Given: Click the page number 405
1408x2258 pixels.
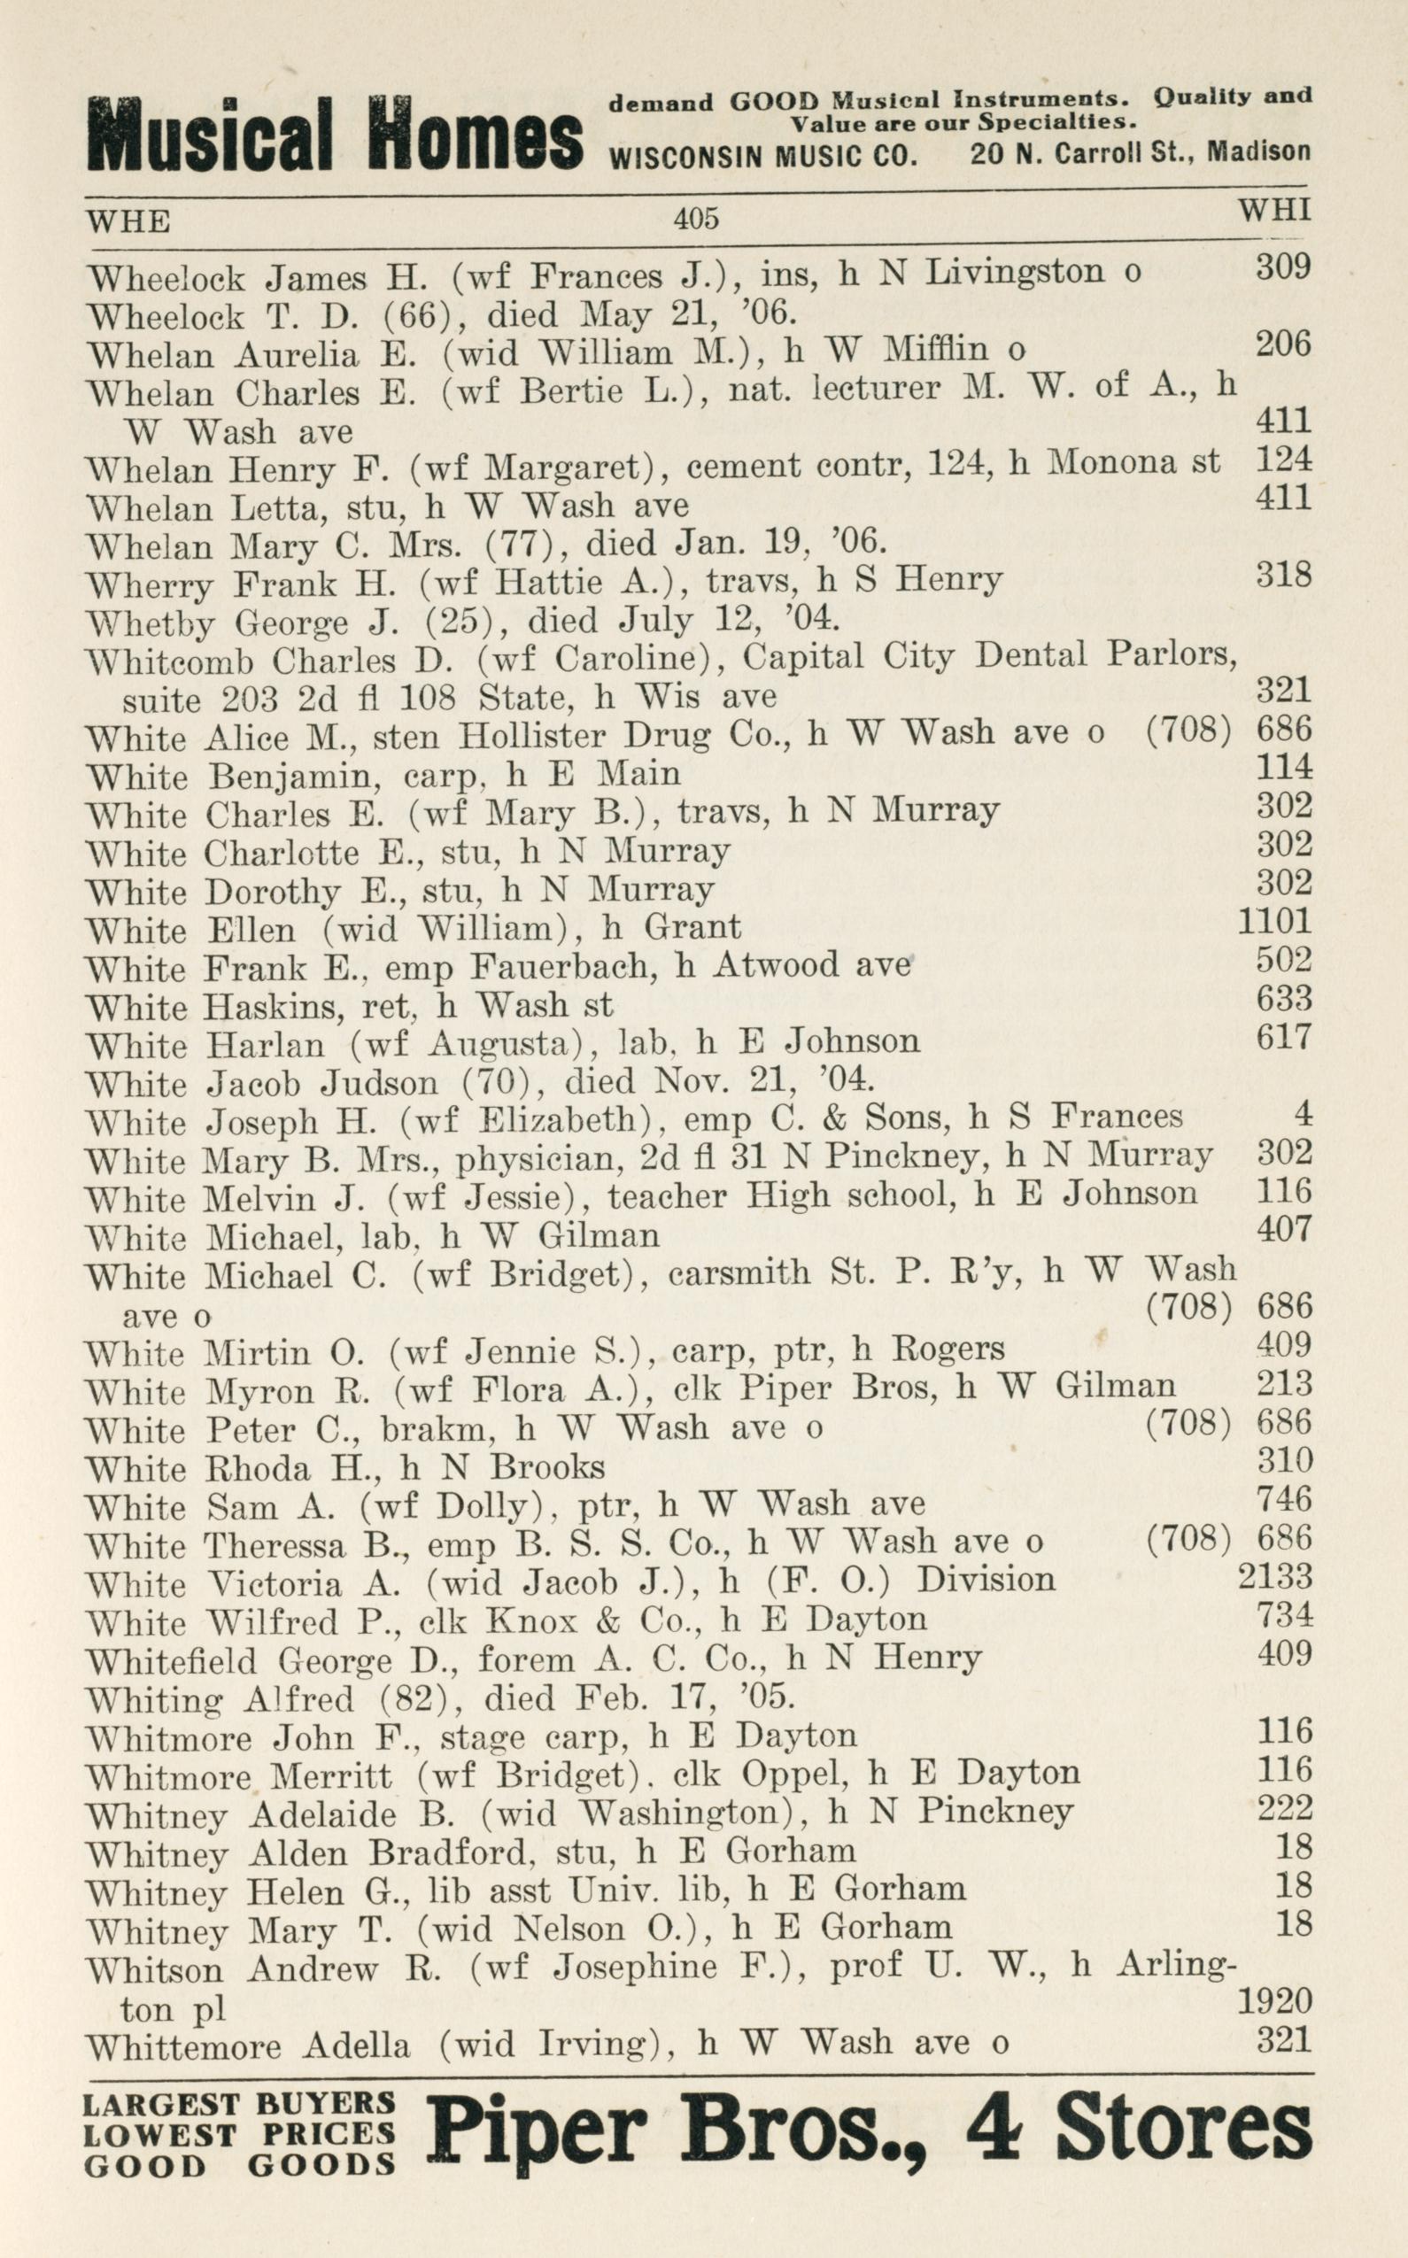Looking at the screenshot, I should coord(697,218).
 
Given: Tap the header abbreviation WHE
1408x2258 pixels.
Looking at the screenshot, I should coord(128,221).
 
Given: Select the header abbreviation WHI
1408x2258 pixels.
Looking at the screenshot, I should coord(1274,209).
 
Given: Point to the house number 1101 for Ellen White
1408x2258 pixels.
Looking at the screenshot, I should coord(1274,921).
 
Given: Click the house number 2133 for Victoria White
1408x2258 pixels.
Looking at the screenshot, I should coord(1274,1576).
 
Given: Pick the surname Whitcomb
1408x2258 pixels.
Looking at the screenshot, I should coord(168,662).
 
